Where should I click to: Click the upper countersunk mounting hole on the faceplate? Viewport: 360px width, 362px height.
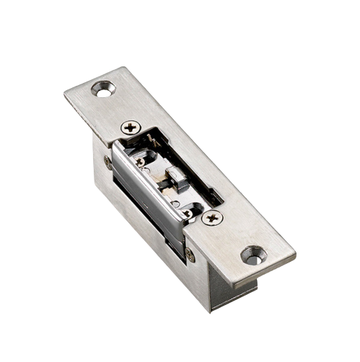(103, 89)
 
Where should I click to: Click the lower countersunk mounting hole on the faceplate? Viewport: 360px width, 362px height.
(253, 255)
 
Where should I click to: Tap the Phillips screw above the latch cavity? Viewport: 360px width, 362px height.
(131, 128)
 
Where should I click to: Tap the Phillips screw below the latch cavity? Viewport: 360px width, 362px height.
(211, 217)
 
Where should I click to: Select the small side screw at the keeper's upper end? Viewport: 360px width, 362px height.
(108, 162)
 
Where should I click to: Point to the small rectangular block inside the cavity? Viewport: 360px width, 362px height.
(177, 178)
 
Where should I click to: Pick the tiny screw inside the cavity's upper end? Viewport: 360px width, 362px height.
(140, 161)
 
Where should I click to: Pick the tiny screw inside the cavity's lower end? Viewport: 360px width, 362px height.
(187, 212)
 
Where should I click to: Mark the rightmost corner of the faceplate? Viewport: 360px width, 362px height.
(295, 254)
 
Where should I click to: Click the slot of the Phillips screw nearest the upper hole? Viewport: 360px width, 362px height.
(131, 128)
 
